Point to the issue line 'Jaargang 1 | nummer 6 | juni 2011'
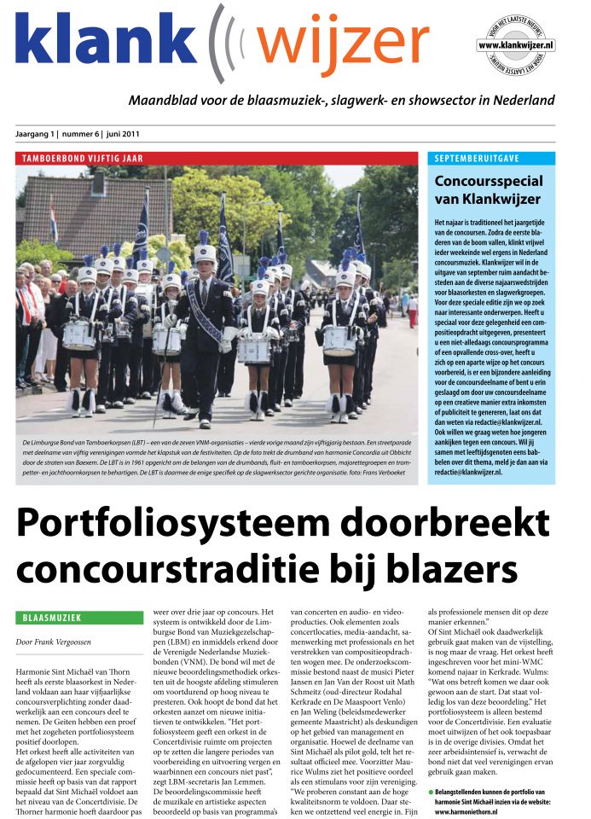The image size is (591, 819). click(78, 134)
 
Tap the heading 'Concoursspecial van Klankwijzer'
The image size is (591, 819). click(489, 191)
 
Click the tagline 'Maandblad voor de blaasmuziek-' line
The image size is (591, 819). click(341, 101)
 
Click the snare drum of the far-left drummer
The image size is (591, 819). click(78, 336)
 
